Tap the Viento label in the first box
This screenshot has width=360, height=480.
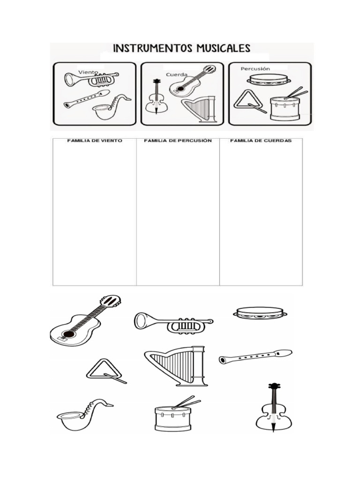pyautogui.click(x=88, y=73)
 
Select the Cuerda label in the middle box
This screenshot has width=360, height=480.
pyautogui.click(x=176, y=75)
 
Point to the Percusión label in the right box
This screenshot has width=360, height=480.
pyautogui.click(x=255, y=69)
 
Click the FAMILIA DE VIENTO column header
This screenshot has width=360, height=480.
pyautogui.click(x=94, y=141)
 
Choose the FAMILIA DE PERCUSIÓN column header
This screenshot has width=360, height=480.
pyautogui.click(x=178, y=141)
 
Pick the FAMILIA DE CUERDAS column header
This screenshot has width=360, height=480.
pyautogui.click(x=261, y=141)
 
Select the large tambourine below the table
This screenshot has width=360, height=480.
pyautogui.click(x=260, y=313)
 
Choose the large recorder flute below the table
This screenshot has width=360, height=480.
pyautogui.click(x=255, y=357)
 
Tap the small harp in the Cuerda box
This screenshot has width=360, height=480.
pyautogui.click(x=199, y=111)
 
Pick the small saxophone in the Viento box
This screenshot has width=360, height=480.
pyautogui.click(x=111, y=108)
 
